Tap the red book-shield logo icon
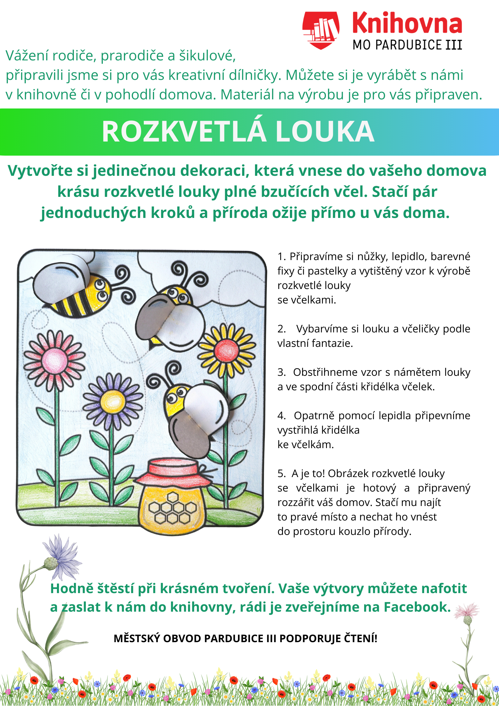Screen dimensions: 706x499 (321, 30)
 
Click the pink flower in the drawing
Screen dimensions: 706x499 (55, 359)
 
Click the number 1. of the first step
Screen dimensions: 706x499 (281, 257)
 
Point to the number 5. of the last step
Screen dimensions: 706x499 (281, 474)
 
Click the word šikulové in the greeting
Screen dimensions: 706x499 (207, 56)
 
